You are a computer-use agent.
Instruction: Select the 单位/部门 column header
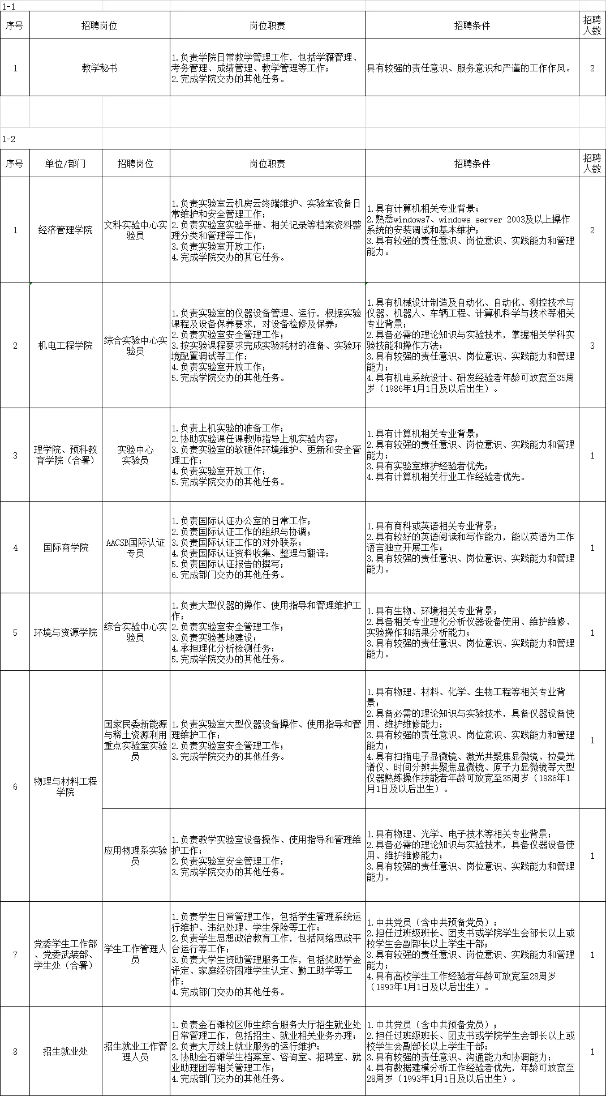(66, 164)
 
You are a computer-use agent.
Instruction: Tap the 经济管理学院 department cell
(66, 230)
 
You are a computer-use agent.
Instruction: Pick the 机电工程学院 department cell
(66, 345)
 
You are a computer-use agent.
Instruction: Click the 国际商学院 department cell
(66, 547)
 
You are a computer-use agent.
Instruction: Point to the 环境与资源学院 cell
(66, 632)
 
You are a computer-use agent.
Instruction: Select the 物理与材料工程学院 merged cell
(66, 786)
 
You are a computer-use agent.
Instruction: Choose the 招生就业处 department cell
(66, 1051)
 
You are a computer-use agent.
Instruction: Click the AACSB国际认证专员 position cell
(136, 547)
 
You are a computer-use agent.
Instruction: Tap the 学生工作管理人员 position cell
(136, 954)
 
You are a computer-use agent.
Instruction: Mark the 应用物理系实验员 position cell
(136, 855)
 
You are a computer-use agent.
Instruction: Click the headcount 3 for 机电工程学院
(592, 345)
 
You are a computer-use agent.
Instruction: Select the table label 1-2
(9, 139)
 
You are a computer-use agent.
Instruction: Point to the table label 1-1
(9, 5)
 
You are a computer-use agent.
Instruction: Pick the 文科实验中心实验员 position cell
(136, 230)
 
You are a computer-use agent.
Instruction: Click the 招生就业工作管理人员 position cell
(136, 1051)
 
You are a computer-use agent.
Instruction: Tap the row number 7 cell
(15, 954)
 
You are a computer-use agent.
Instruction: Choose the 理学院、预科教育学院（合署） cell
(66, 455)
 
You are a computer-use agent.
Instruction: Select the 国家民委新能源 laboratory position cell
(136, 740)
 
